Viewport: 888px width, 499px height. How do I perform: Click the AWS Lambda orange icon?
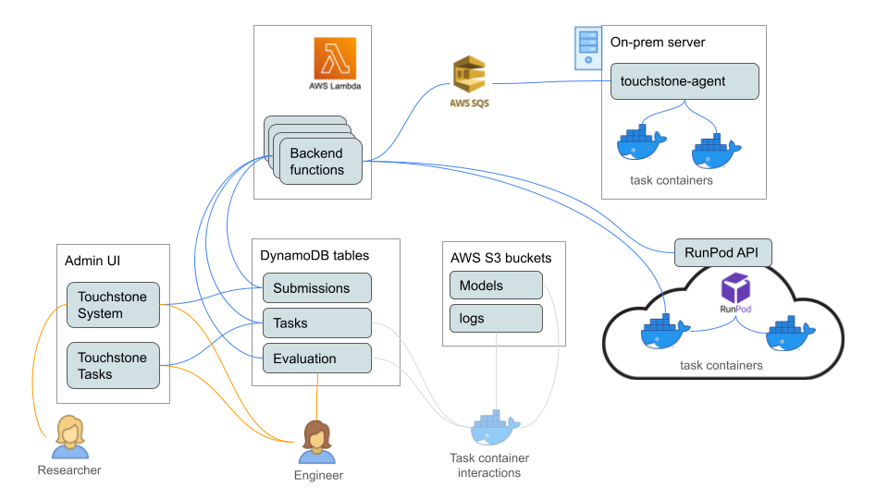coord(335,58)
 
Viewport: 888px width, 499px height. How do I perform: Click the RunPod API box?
coord(722,251)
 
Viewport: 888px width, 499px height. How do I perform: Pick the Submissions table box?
coord(316,288)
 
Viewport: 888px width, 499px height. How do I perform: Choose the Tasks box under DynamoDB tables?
coord(316,323)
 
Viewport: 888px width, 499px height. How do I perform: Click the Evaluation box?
coord(316,359)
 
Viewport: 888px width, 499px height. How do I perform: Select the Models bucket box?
coord(496,286)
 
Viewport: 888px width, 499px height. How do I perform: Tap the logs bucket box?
coord(496,319)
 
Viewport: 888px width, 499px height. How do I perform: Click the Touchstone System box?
coord(113,305)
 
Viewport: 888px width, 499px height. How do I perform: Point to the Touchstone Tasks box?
coord(113,366)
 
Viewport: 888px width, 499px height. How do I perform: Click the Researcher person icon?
coord(69,437)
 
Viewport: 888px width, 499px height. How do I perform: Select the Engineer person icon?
coord(317,443)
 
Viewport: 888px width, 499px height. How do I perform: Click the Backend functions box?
coord(320,162)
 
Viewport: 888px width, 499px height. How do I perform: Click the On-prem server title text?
coord(658,43)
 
